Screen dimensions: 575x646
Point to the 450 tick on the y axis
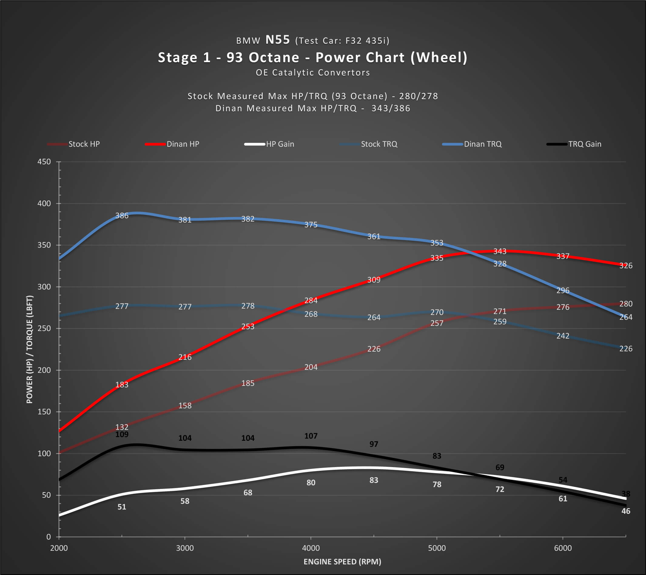click(44, 162)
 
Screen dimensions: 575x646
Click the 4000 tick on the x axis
click(311, 548)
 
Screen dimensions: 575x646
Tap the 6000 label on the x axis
click(563, 548)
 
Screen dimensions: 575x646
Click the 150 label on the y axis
click(44, 412)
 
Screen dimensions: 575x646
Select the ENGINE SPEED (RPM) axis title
click(342, 561)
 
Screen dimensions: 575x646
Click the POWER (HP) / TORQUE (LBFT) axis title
click(29, 349)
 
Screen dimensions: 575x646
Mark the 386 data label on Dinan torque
click(122, 216)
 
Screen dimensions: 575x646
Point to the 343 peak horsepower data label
click(500, 251)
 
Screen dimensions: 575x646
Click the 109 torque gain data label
click(122, 434)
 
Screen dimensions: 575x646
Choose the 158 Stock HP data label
click(185, 405)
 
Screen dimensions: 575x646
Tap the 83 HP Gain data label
click(374, 480)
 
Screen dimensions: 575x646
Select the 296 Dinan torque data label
click(563, 290)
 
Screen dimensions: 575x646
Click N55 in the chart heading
click(278, 40)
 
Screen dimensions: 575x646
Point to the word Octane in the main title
click(274, 58)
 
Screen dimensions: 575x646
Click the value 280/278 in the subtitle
click(419, 96)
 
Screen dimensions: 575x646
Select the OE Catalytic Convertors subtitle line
click(313, 73)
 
